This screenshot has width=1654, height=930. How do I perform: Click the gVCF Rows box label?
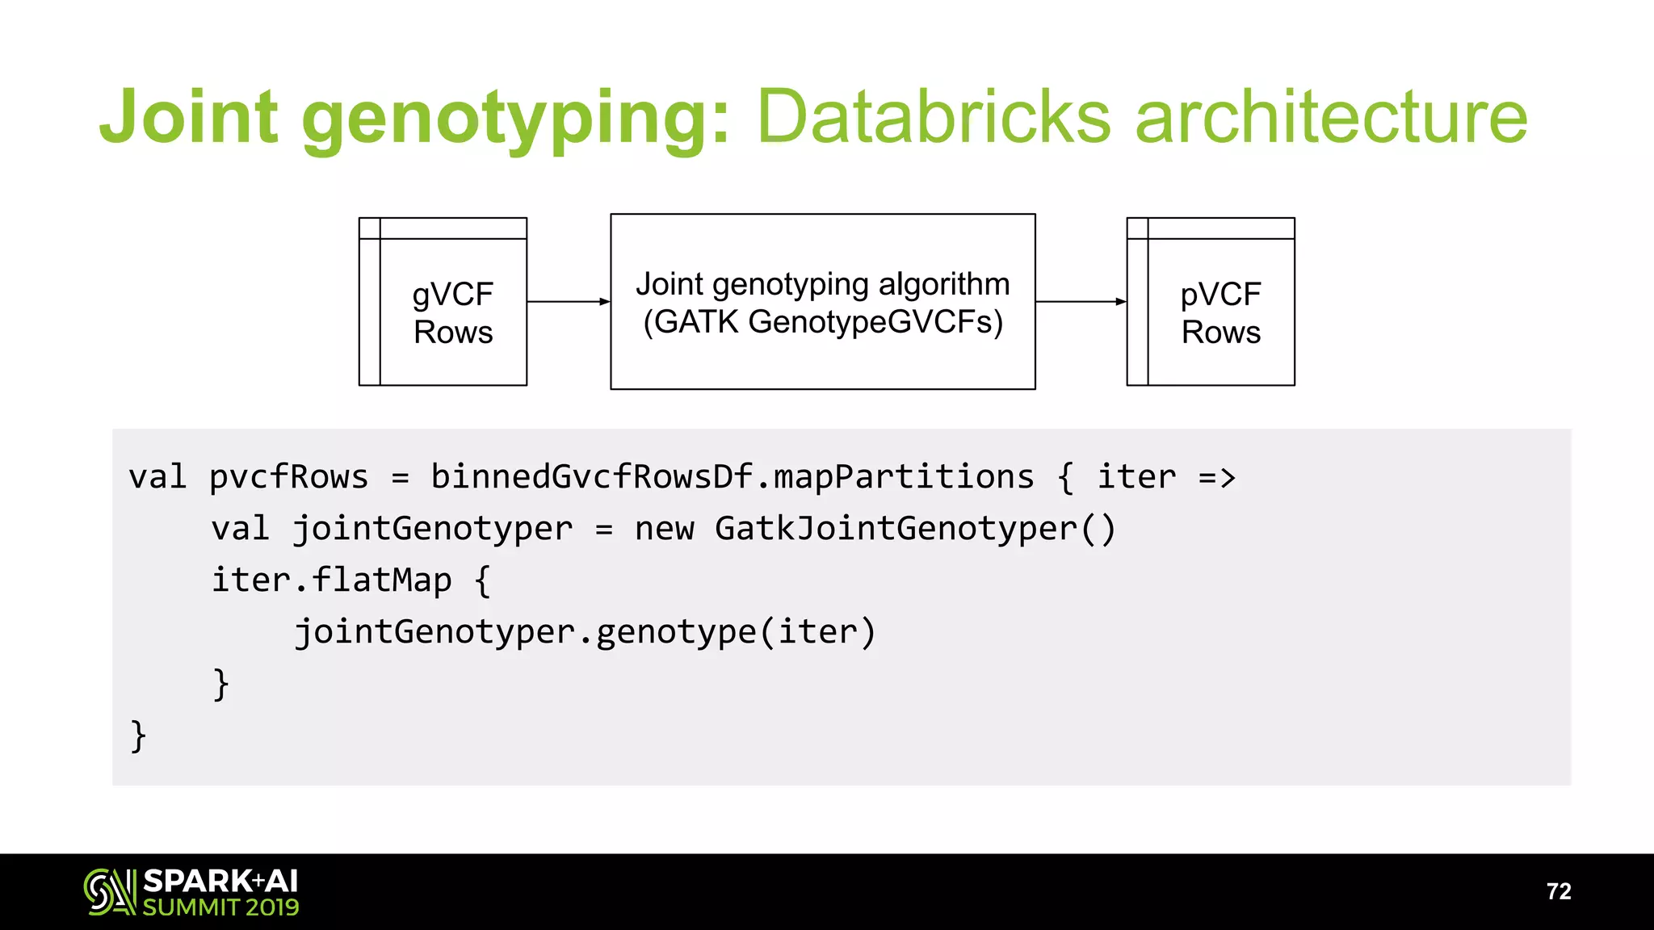[453, 313]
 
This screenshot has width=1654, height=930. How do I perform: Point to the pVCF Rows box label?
[1220, 313]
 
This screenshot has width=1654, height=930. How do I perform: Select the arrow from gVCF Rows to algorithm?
[569, 302]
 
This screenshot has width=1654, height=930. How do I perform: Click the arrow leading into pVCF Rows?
[1081, 302]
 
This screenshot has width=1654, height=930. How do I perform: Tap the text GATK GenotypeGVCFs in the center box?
[823, 322]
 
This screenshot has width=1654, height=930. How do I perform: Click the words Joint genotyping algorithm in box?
[822, 284]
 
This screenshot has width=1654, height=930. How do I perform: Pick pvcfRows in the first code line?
[288, 477]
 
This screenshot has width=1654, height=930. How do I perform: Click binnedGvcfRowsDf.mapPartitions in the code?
[732, 477]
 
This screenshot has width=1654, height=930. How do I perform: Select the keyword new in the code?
[664, 529]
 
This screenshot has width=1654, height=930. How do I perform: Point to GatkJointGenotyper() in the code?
[915, 529]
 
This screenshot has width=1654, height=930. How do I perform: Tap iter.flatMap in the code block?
[331, 580]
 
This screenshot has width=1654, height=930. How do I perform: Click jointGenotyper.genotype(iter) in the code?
[585, 632]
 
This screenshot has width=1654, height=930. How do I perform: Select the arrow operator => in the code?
[1217, 477]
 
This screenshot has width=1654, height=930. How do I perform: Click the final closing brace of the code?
[138, 735]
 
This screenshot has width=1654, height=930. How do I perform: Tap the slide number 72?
[1558, 891]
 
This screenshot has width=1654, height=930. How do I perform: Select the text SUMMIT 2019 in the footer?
[220, 907]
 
